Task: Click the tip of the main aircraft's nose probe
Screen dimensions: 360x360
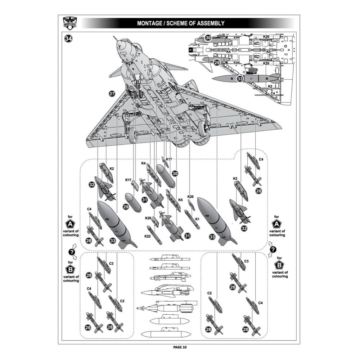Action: (x=114, y=36)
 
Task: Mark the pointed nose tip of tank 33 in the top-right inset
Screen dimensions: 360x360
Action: (x=212, y=78)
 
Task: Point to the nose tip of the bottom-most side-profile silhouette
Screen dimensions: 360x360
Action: (x=141, y=334)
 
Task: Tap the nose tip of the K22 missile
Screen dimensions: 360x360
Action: (x=148, y=226)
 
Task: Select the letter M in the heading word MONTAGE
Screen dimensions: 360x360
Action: (x=139, y=23)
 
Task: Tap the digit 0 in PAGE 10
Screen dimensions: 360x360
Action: (x=185, y=347)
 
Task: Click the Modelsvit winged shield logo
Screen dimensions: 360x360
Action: (x=70, y=23)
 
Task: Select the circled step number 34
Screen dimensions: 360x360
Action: (x=68, y=39)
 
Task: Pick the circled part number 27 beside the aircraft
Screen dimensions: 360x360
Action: (x=112, y=94)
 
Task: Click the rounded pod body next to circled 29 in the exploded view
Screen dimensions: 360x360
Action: (x=133, y=202)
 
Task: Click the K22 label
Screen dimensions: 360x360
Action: (x=147, y=236)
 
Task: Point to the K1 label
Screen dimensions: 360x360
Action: (x=197, y=219)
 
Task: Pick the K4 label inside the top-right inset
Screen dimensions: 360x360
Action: (x=228, y=51)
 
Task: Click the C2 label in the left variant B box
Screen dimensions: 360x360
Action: (x=122, y=301)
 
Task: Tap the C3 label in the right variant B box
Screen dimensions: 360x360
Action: (x=246, y=261)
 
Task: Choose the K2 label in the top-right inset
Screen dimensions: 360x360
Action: (x=270, y=86)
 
